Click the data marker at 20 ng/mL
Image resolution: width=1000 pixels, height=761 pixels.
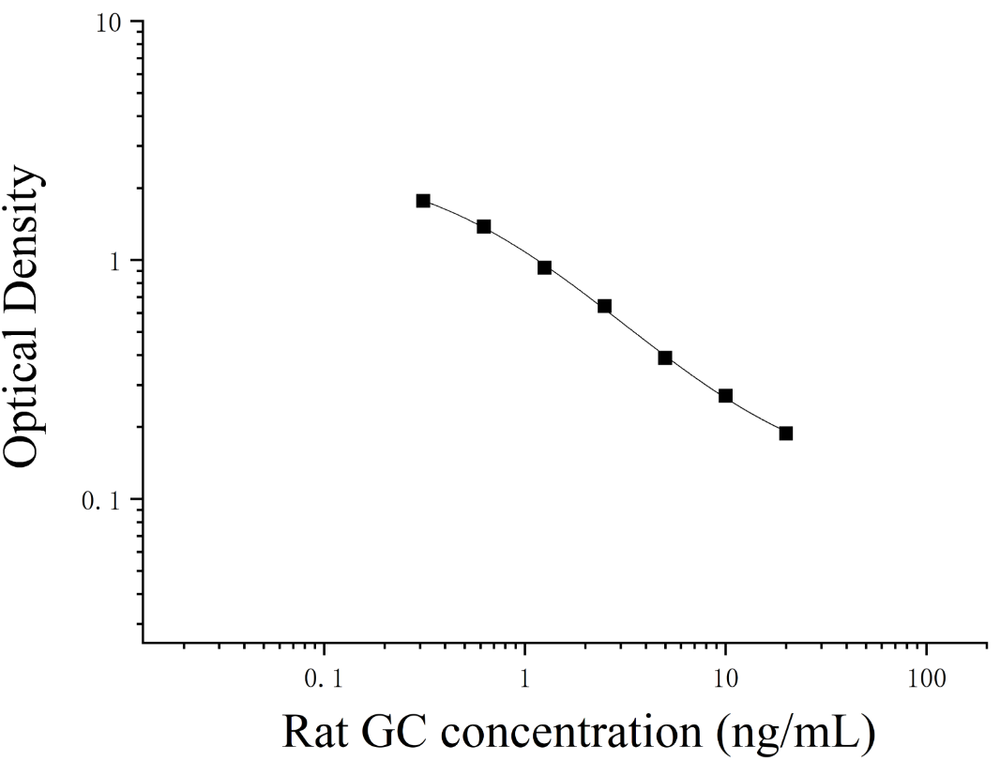pos(786,434)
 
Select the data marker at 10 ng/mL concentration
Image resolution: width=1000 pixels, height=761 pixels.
pos(725,395)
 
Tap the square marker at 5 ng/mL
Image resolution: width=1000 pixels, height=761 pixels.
pos(665,358)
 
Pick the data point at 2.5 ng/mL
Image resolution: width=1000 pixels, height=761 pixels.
pos(604,306)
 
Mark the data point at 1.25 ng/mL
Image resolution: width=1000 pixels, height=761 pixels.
pos(544,267)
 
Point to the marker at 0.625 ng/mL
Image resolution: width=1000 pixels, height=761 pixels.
pos(484,226)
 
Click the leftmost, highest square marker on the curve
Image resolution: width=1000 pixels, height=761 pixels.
pos(423,200)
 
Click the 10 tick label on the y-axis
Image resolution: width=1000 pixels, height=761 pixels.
pos(109,23)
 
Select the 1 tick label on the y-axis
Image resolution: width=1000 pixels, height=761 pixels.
pos(116,261)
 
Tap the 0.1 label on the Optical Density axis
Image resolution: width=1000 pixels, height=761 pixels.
pos(100,500)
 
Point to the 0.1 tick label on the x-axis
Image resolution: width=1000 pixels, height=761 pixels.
pos(324,679)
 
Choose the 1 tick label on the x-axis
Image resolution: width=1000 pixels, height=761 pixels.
pos(525,679)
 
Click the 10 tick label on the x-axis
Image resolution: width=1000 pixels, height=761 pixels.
pos(725,679)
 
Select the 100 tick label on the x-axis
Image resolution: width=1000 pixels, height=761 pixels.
pos(926,679)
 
